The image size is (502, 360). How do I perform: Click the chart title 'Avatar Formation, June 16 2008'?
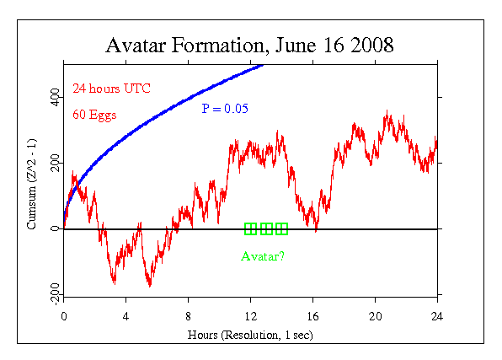(x=250, y=45)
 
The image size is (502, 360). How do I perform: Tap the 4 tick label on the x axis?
(x=125, y=319)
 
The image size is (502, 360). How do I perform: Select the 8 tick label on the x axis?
(x=188, y=319)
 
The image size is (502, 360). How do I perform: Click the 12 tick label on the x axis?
(x=250, y=319)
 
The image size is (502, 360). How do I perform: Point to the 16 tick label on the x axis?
(x=312, y=319)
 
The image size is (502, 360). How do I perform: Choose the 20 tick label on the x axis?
(x=375, y=319)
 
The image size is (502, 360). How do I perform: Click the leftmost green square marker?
(x=250, y=228)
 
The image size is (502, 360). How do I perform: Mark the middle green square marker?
(x=266, y=228)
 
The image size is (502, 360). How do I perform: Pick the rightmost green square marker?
(x=281, y=228)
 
